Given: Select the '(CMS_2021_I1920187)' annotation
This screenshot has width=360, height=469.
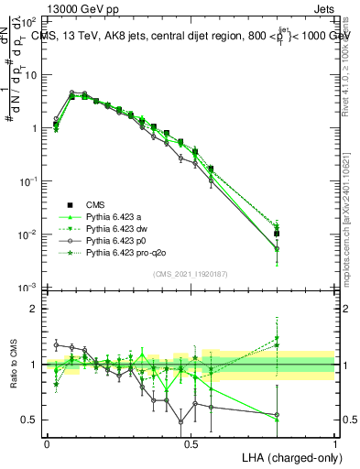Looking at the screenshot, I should (x=191, y=274).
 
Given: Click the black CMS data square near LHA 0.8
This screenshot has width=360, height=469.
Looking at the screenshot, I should (x=277, y=234).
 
